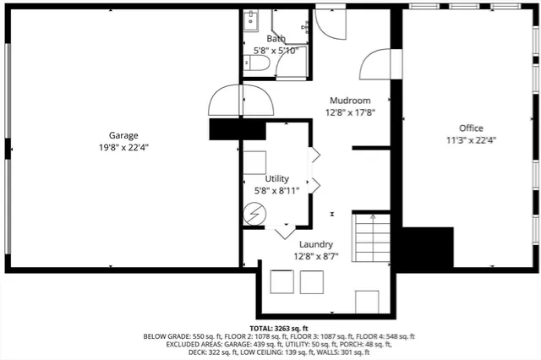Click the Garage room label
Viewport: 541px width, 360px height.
pyautogui.click(x=123, y=135)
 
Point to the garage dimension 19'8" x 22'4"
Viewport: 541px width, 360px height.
pyautogui.click(x=123, y=147)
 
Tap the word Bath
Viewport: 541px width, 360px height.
pyautogui.click(x=276, y=39)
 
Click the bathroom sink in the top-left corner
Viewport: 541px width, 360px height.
pyautogui.click(x=252, y=21)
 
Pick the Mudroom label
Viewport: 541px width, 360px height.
pyautogui.click(x=349, y=100)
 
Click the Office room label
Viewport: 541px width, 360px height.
pyautogui.click(x=471, y=128)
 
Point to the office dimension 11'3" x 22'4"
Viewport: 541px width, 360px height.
pyautogui.click(x=471, y=140)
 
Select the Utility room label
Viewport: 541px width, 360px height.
pyautogui.click(x=276, y=178)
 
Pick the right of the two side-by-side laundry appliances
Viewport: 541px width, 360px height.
pyautogui.click(x=311, y=281)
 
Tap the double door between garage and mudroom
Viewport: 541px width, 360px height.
pyautogui.click(x=242, y=101)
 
